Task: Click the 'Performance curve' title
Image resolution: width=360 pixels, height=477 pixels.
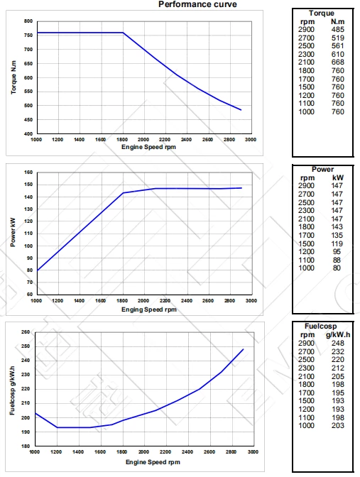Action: click(197, 4)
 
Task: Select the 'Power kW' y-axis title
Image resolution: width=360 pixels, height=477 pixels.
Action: click(14, 234)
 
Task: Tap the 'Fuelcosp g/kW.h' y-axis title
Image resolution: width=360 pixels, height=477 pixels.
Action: click(14, 389)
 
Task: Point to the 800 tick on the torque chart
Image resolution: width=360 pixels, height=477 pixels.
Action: click(28, 21)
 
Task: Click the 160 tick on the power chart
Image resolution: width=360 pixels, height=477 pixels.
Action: click(28, 172)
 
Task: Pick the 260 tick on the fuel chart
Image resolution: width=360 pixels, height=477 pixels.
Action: click(26, 331)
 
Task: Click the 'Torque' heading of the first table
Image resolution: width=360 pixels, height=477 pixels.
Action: click(322, 13)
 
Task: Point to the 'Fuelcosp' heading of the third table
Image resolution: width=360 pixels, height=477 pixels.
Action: click(324, 326)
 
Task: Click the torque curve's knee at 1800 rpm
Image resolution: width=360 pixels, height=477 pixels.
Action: click(123, 33)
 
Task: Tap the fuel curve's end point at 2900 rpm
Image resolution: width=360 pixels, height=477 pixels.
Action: click(243, 349)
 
